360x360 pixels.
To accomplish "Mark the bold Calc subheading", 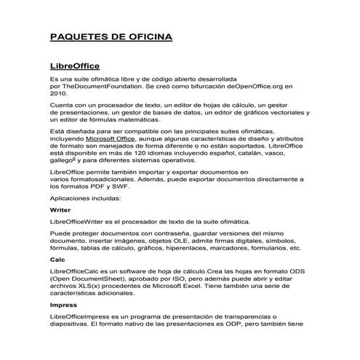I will click(x=57, y=260).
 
